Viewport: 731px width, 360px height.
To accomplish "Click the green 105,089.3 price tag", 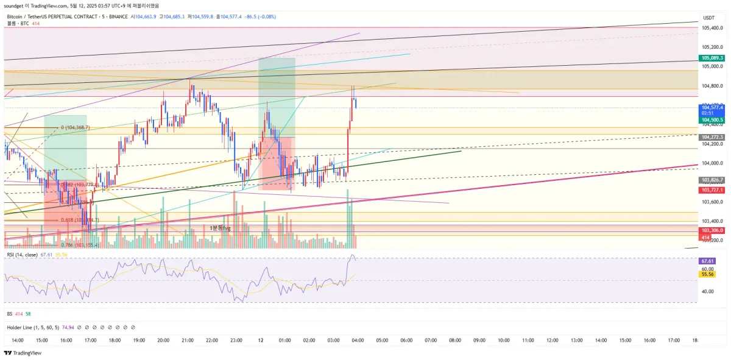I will click(x=712, y=58).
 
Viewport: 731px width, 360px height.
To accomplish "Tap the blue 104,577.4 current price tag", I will click(x=712, y=107).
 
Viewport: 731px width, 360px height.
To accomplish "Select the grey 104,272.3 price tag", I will click(x=712, y=137).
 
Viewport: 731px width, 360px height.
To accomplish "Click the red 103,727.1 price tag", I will click(x=712, y=190).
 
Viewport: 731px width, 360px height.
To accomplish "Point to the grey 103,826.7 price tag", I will click(x=712, y=180).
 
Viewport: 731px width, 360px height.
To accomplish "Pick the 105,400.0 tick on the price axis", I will click(x=712, y=28).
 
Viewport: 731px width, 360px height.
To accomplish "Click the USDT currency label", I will click(x=708, y=18).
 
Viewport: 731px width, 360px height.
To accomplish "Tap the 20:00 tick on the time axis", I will click(x=163, y=340).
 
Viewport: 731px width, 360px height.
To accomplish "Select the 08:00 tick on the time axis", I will click(x=455, y=340).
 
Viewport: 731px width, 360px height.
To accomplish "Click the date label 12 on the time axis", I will click(x=260, y=340).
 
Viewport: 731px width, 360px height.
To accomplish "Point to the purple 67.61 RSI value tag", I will click(x=708, y=261).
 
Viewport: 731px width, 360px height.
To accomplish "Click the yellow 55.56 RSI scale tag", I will click(x=708, y=275).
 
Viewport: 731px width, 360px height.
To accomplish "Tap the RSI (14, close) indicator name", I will click(x=22, y=255).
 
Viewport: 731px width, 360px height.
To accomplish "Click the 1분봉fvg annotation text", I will click(x=221, y=228).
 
